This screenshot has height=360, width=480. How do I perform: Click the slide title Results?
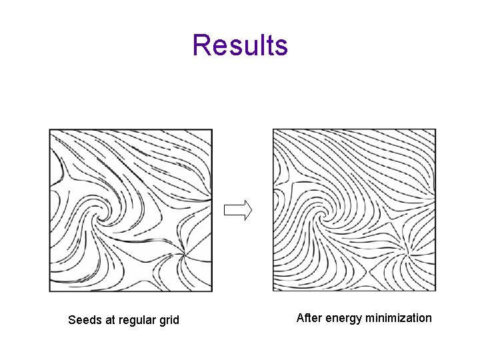[240, 45]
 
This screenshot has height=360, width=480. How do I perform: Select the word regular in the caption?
[136, 320]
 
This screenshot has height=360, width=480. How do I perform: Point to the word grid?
[168, 320]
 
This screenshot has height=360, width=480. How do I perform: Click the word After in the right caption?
[308, 318]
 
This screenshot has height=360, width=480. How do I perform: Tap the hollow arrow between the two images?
[238, 211]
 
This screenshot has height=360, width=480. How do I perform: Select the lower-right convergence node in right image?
[408, 251]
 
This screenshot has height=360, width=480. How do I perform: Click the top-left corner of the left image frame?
[50, 130]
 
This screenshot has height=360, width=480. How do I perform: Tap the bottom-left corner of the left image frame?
[50, 291]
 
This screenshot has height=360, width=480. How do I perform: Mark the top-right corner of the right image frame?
[435, 130]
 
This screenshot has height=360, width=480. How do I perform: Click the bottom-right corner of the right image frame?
[435, 291]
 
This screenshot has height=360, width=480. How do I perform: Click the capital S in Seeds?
[72, 320]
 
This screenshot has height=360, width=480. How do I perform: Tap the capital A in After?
[300, 318]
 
